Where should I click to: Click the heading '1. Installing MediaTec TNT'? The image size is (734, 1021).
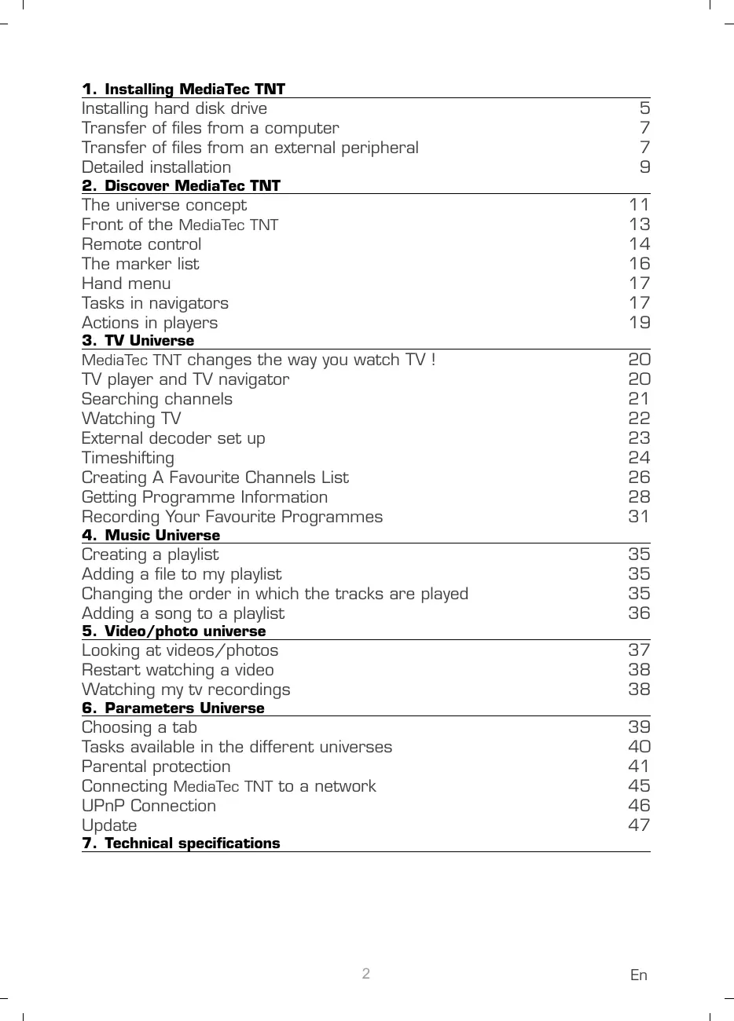[x=183, y=89]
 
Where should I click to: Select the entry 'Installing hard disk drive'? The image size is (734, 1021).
[x=174, y=108]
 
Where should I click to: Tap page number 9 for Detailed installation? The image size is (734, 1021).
[x=644, y=167]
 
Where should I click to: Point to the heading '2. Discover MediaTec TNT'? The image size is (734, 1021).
[x=181, y=185]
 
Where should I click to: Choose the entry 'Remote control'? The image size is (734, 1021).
[x=141, y=244]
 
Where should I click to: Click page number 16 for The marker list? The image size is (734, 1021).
[x=639, y=264]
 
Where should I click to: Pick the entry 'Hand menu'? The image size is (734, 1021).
[x=126, y=284]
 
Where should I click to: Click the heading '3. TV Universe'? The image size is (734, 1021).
[x=138, y=340]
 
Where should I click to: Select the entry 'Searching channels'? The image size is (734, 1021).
[x=157, y=399]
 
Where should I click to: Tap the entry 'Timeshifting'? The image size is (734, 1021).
[x=128, y=458]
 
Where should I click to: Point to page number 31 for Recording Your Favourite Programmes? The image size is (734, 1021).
[x=639, y=516]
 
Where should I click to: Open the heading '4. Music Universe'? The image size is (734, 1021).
[x=151, y=535]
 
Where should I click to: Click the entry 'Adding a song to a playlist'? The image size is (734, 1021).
[x=183, y=613]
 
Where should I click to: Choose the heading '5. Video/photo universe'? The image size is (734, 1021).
[x=174, y=631]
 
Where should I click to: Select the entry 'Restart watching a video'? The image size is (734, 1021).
[x=178, y=670]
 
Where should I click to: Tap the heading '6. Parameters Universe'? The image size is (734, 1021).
[x=173, y=708]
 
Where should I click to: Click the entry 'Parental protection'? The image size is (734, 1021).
[x=156, y=767]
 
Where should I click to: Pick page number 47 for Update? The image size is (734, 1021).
[x=639, y=825]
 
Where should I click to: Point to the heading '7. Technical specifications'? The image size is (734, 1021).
[x=181, y=843]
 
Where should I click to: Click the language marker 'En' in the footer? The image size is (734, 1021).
[x=639, y=975]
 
